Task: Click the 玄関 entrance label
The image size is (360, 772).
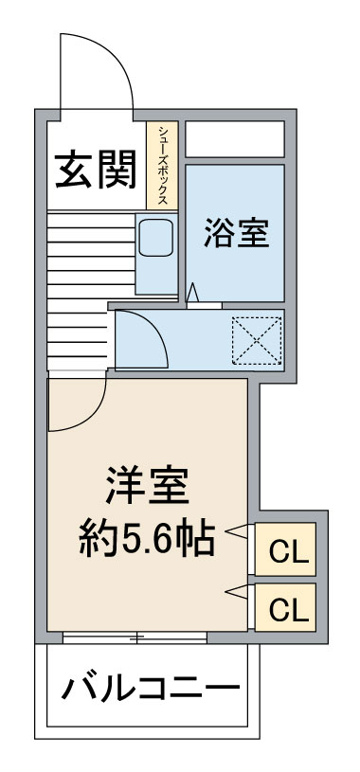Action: pyautogui.click(x=95, y=171)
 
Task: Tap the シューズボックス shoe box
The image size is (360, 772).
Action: pyautogui.click(x=162, y=166)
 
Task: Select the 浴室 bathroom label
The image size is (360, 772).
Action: pyautogui.click(x=237, y=232)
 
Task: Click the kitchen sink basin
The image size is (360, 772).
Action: pyautogui.click(x=155, y=238)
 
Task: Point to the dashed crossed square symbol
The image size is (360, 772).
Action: pyautogui.click(x=257, y=340)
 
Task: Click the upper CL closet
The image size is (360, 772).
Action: pyautogui.click(x=285, y=549)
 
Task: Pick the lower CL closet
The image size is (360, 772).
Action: pyautogui.click(x=285, y=607)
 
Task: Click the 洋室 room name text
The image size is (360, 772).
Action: pyautogui.click(x=147, y=485)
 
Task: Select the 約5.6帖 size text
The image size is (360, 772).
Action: pyautogui.click(x=147, y=539)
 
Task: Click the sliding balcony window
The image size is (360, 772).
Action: pyautogui.click(x=135, y=637)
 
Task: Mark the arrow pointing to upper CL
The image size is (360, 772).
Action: pyautogui.click(x=237, y=530)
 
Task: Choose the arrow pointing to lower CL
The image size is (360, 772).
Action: pyautogui.click(x=237, y=592)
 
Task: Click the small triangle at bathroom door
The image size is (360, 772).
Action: pyautogui.click(x=193, y=293)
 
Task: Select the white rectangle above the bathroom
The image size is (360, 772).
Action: pyautogui.click(x=235, y=139)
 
